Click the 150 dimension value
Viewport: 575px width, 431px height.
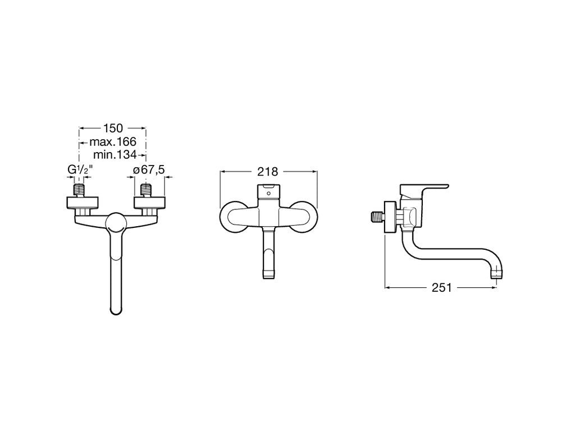(x=113, y=129)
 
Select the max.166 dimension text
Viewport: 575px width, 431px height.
(x=113, y=141)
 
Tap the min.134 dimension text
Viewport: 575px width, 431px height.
(x=115, y=155)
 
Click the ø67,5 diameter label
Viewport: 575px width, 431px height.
(x=149, y=169)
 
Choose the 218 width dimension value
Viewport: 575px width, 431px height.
(x=268, y=171)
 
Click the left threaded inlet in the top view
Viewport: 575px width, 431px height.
(x=79, y=190)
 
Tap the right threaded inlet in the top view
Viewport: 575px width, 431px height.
(x=147, y=190)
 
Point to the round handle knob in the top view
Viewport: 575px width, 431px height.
(x=116, y=223)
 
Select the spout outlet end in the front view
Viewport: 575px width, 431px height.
(x=268, y=274)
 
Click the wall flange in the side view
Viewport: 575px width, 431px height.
(x=390, y=217)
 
